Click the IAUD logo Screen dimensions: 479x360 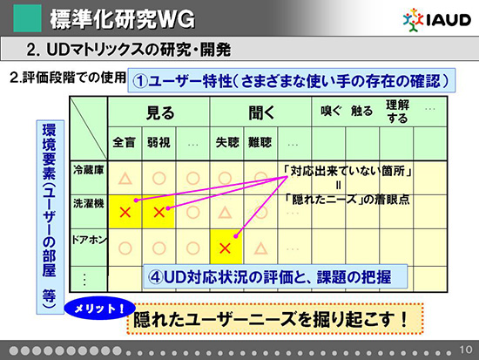pos(437,20)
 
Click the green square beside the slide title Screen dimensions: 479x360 pos(28,18)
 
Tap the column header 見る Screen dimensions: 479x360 pos(160,112)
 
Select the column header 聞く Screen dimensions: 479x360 pos(262,112)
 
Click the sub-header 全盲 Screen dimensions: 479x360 pos(124,142)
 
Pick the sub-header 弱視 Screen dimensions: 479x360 pos(159,142)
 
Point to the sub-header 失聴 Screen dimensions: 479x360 pos(227,142)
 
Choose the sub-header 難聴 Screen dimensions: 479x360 pos(260,142)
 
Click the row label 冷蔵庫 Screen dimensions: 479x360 pos(89,170)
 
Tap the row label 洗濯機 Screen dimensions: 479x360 pos(89,203)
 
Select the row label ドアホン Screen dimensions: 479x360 pos(89,240)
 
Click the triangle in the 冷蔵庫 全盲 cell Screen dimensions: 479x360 pos(125,179)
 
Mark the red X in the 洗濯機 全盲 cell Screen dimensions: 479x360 pos(125,213)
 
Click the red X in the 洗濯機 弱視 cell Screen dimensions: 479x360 pos(159,213)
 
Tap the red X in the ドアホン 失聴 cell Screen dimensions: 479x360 pos(226,248)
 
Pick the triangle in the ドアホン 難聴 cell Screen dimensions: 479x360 pos(260,248)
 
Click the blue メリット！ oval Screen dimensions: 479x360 pos(99,309)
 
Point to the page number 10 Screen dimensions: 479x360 pos(466,350)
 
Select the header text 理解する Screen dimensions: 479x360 pos(397,112)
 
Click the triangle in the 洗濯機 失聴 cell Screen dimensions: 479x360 pos(226,213)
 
